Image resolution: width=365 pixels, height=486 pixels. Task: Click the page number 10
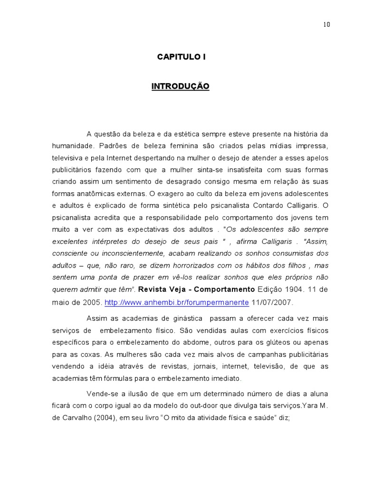coord(326,25)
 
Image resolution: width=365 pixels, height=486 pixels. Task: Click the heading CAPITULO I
coord(182,57)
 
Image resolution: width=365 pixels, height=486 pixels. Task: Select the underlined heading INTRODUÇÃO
coord(180,86)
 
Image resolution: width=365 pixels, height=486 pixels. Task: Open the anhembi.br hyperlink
coord(176,302)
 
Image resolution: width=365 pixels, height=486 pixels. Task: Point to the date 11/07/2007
coord(273,302)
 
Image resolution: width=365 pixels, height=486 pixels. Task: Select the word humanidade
coord(72,146)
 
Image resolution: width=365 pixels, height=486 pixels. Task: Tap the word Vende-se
coord(103,393)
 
